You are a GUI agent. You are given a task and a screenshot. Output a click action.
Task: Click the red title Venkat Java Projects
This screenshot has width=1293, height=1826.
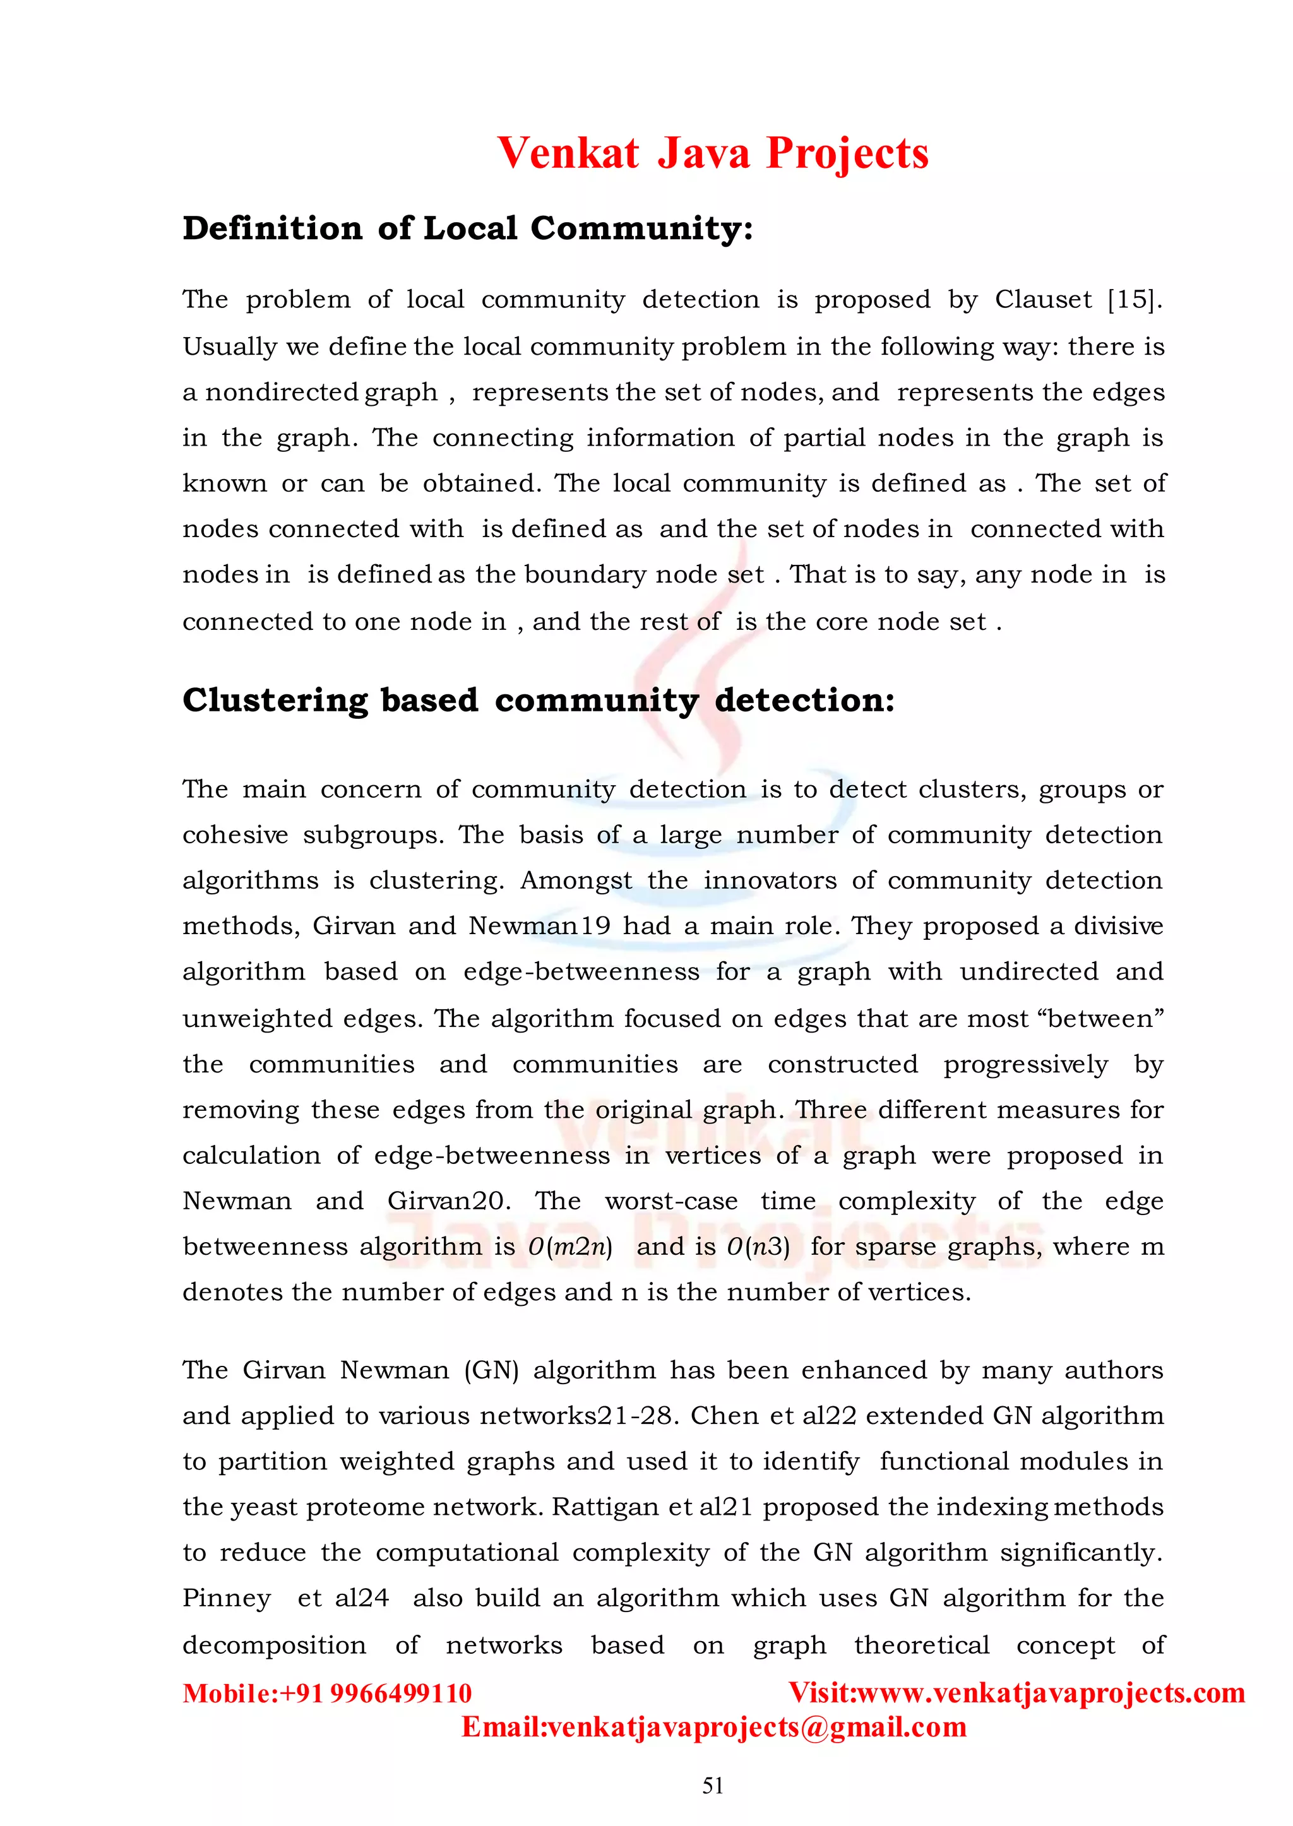pos(713,153)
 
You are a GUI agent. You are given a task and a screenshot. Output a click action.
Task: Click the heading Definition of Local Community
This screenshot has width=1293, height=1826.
pos(467,228)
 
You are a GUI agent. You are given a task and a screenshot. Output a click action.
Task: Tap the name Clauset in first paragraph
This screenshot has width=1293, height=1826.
pos(1042,300)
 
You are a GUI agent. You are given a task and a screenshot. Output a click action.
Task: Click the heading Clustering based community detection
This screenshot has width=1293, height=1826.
pos(538,701)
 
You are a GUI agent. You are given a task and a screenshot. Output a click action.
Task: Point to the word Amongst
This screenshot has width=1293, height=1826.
pos(576,880)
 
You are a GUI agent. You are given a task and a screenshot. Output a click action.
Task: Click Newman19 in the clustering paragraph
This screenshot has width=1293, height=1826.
pos(539,926)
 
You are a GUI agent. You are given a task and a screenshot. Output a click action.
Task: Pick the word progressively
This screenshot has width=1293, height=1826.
pos(1025,1064)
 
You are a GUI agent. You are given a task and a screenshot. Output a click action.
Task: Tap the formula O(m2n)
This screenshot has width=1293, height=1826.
pos(570,1247)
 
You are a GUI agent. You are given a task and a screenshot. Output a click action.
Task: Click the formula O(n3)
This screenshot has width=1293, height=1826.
pos(758,1247)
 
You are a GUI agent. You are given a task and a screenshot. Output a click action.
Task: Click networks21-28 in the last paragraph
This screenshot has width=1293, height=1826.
pos(579,1416)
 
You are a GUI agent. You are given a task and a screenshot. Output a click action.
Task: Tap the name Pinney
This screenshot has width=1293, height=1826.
pos(226,1598)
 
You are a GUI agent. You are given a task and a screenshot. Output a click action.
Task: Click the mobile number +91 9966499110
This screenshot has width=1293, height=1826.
pos(376,1693)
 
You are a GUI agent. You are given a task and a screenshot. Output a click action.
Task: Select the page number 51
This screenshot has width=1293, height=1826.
pos(713,1786)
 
